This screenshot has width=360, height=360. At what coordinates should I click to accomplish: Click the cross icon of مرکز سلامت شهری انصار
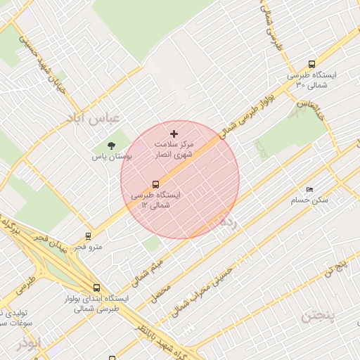coord(174,134)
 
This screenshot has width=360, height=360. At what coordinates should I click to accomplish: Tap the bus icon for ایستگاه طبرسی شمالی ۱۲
coord(155,184)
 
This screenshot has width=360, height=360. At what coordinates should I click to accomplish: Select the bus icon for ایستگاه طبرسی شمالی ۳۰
coord(311,64)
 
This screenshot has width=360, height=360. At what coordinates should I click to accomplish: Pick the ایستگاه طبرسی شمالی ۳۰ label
coord(312,80)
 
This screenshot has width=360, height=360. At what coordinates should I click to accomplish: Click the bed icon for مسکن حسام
coord(309,190)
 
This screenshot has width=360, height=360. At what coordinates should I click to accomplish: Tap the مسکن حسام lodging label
coord(309,201)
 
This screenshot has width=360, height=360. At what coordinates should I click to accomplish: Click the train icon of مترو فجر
coord(88,236)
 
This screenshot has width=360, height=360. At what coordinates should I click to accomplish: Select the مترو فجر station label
coord(88,247)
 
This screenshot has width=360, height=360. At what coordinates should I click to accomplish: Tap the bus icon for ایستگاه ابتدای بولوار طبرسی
coord(96,288)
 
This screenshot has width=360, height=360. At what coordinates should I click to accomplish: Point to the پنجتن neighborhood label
coord(319,316)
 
